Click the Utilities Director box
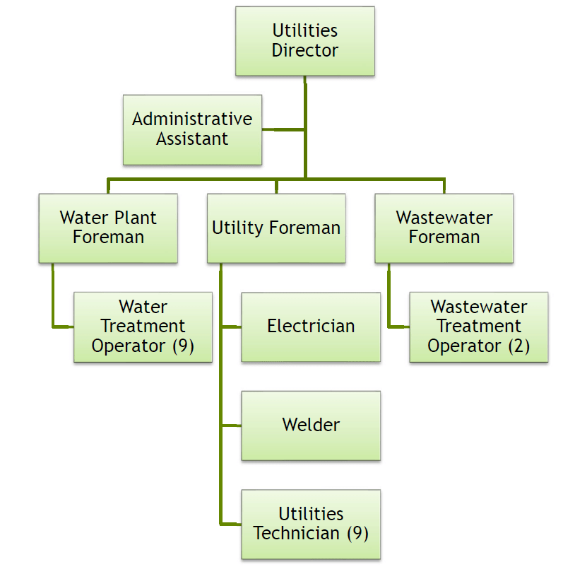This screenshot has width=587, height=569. (x=305, y=41)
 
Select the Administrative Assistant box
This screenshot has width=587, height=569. (x=192, y=130)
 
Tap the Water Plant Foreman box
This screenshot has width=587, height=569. (x=108, y=228)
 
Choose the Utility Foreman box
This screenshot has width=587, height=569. (x=276, y=228)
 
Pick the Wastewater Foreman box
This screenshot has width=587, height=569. (x=444, y=228)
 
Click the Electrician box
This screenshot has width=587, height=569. (x=311, y=327)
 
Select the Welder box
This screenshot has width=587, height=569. (x=311, y=425)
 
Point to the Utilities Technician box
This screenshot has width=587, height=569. (x=311, y=524)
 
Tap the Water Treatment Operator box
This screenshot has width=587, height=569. (x=143, y=327)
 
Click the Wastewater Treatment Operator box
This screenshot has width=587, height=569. (x=479, y=327)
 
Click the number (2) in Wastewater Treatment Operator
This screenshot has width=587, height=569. (x=518, y=346)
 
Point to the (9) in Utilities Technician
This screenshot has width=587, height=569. (x=357, y=534)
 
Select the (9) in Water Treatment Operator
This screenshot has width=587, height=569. (x=182, y=346)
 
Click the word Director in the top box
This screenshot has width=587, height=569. (x=305, y=51)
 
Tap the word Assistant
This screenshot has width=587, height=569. (x=192, y=139)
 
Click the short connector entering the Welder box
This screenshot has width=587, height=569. (x=231, y=426)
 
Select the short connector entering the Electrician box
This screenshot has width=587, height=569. (x=231, y=327)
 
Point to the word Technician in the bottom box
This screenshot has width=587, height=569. (x=297, y=534)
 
